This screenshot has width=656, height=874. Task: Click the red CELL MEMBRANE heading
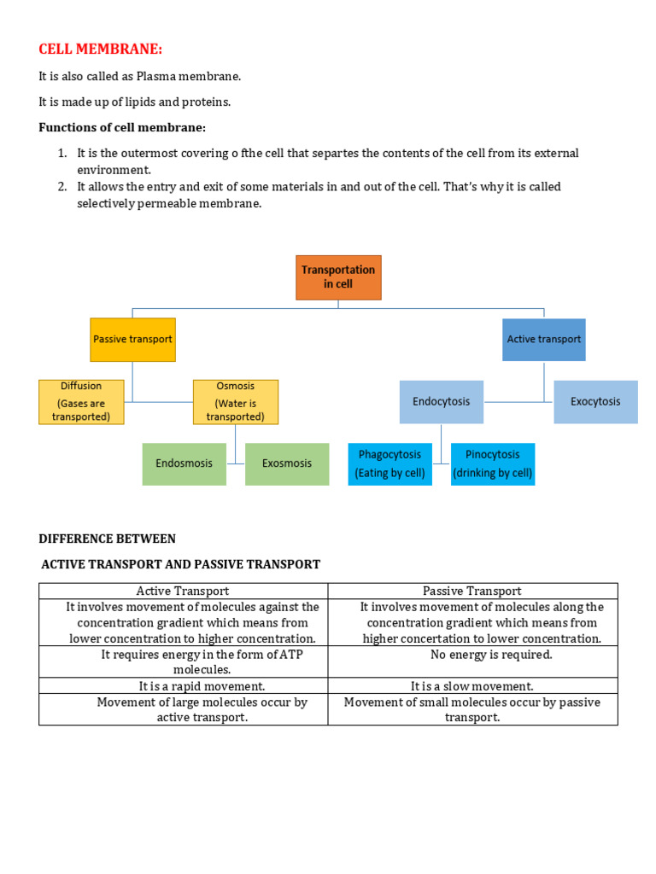[100, 49]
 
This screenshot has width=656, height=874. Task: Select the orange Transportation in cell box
[338, 277]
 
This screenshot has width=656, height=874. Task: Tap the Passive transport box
[132, 339]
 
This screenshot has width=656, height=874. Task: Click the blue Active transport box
[543, 339]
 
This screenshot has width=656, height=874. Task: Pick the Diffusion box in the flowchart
[81, 402]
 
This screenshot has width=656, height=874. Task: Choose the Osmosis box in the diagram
[235, 402]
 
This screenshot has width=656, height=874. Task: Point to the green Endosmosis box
[184, 463]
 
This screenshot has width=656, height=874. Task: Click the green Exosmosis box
[287, 463]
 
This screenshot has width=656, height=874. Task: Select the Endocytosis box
[441, 402]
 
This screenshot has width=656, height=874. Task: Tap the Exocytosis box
[595, 402]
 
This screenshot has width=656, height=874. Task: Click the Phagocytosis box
[389, 463]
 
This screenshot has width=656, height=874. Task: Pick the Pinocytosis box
[492, 463]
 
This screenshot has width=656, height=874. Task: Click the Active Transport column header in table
[183, 591]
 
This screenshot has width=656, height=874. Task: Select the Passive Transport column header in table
[472, 591]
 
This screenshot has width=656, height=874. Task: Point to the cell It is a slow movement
[472, 686]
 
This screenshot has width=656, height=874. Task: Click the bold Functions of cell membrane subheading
[122, 128]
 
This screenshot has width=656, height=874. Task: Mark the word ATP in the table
[290, 655]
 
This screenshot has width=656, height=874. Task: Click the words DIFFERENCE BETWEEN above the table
[108, 539]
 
